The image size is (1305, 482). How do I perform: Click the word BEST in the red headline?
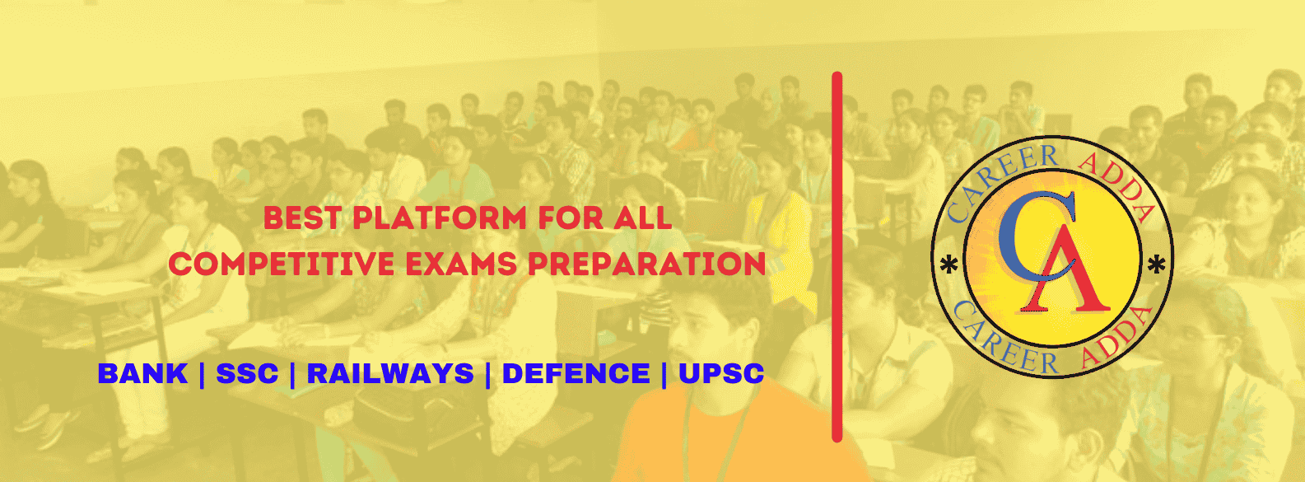(302, 218)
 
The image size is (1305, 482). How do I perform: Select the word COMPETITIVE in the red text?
(282, 264)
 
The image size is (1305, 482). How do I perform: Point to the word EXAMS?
(461, 264)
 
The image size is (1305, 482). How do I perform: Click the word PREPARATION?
(646, 264)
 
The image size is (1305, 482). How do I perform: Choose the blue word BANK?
(142, 373)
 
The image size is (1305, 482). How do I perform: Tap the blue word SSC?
(247, 373)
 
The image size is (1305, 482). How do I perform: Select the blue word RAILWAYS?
(390, 373)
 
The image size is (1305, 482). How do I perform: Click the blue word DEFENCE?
(576, 373)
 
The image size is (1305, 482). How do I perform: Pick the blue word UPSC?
(720, 373)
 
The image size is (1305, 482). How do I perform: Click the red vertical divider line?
(837, 257)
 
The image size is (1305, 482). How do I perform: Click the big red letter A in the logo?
(1065, 268)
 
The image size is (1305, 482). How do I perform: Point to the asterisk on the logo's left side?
(949, 266)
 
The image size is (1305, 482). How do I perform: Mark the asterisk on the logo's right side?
(1156, 264)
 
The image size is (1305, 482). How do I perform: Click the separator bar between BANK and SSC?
(202, 373)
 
